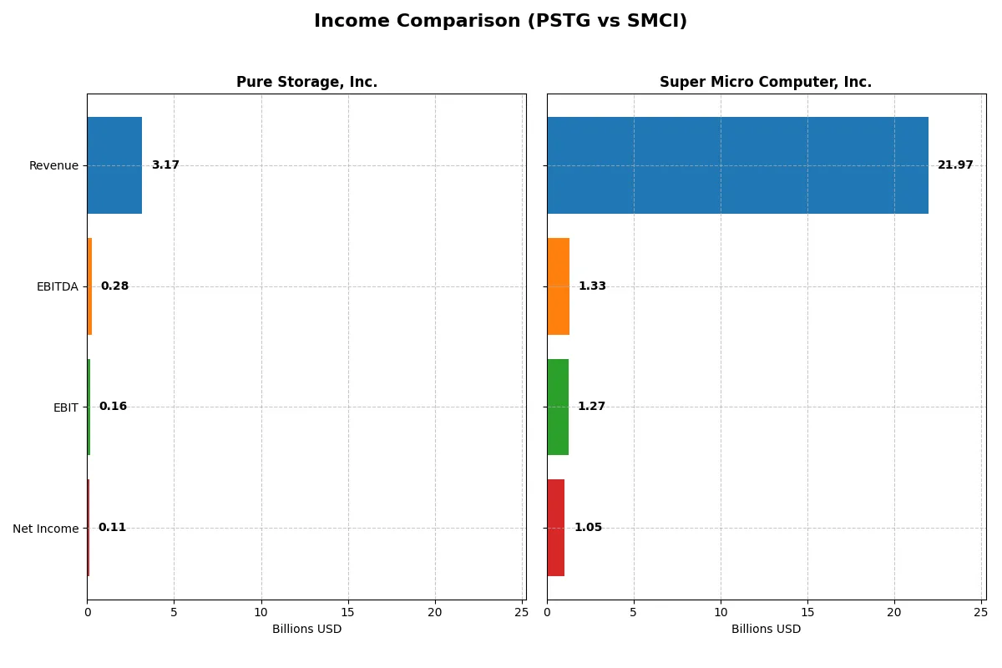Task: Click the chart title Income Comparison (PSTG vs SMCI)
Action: point(500,22)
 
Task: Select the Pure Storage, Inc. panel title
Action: point(306,83)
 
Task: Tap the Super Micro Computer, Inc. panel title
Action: point(766,83)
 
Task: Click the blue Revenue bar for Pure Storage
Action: point(114,165)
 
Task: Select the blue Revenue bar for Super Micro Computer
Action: point(737,165)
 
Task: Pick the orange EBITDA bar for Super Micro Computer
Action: point(558,286)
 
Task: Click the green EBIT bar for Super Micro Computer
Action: point(558,407)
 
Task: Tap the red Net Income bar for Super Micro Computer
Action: point(556,528)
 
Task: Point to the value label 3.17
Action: point(165,165)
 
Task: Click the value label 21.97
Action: point(955,165)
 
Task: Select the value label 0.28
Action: point(114,286)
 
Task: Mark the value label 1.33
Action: point(592,286)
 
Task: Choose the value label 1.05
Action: point(588,528)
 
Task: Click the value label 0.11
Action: point(112,528)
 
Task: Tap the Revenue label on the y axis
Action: point(53,166)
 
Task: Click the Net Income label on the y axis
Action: point(46,529)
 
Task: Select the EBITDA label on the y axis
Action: point(57,287)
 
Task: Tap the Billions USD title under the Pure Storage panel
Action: point(306,630)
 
